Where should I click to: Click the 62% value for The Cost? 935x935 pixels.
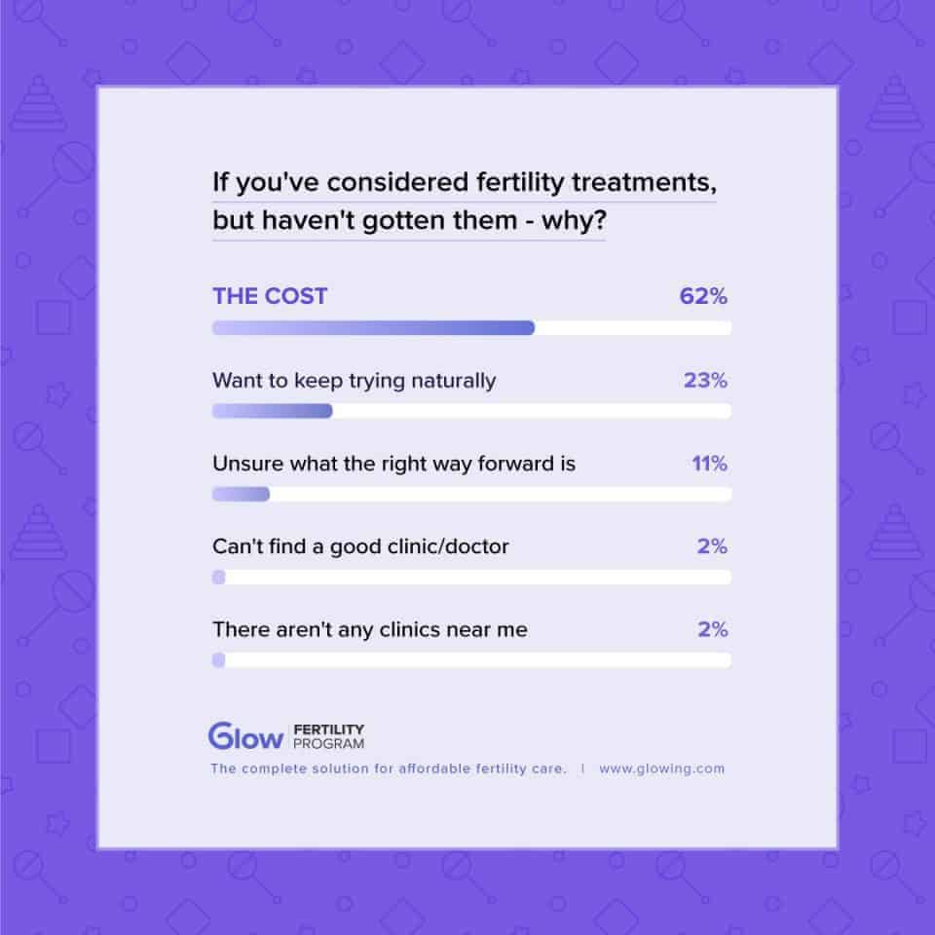pyautogui.click(x=703, y=297)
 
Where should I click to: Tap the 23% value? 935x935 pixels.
pyautogui.click(x=705, y=381)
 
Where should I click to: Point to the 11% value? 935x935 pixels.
pyautogui.click(x=709, y=464)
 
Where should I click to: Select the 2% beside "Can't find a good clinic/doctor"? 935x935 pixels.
pyautogui.click(x=712, y=546)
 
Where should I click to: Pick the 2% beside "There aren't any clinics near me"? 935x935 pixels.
pyautogui.click(x=712, y=629)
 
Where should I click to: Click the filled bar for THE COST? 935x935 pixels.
pyautogui.click(x=373, y=328)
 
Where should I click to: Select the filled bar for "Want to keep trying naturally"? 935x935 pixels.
pyautogui.click(x=273, y=411)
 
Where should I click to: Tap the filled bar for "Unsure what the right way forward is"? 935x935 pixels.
pyautogui.click(x=241, y=494)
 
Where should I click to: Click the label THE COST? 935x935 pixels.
pyautogui.click(x=270, y=297)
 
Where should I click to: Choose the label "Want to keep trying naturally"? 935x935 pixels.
pyautogui.click(x=354, y=381)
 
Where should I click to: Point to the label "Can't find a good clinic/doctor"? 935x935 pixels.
pyautogui.click(x=360, y=546)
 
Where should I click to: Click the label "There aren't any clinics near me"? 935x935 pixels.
pyautogui.click(x=370, y=629)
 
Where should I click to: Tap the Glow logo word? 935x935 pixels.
pyautogui.click(x=244, y=736)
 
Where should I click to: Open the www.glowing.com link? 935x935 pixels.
pyautogui.click(x=661, y=768)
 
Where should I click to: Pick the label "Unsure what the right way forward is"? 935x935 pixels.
pyautogui.click(x=393, y=464)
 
